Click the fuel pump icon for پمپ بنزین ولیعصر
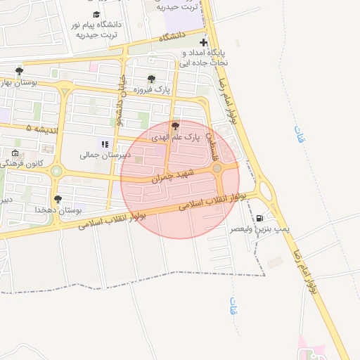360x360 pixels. point(261,218)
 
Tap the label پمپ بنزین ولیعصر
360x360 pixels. point(250,229)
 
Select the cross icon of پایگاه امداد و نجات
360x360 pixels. point(204,43)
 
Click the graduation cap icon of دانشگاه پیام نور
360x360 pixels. point(96,14)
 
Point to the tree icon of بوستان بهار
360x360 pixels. point(19,70)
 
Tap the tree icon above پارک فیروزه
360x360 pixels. point(151,79)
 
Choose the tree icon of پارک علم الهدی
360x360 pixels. point(175,125)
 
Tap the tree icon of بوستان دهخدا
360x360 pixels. point(58,199)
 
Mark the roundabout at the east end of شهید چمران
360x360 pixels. point(218,168)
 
